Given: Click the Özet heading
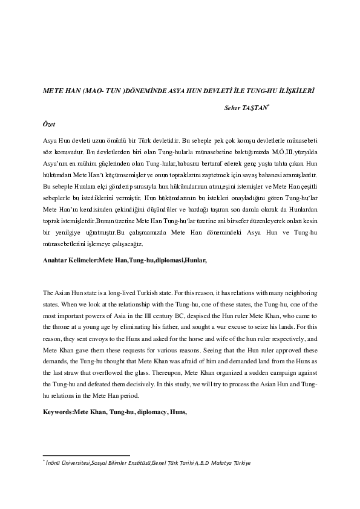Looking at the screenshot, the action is click(x=50, y=123).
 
